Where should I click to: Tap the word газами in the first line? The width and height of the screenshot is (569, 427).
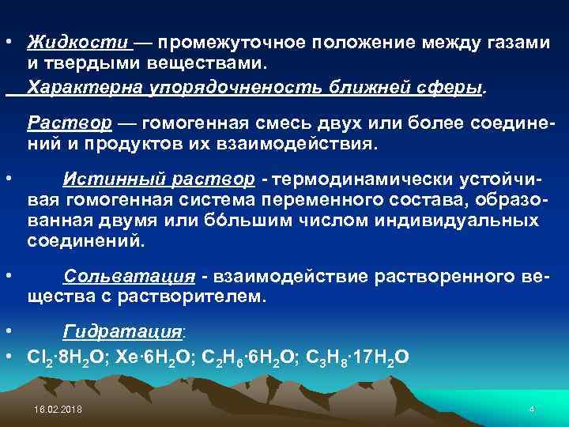point(512,42)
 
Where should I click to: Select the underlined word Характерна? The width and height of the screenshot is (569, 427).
point(85,87)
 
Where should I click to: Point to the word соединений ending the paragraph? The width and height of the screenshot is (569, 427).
point(86,240)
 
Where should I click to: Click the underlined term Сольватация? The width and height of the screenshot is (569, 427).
point(130,277)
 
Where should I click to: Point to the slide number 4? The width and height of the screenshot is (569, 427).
point(532,409)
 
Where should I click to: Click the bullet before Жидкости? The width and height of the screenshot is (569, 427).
point(6,42)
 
